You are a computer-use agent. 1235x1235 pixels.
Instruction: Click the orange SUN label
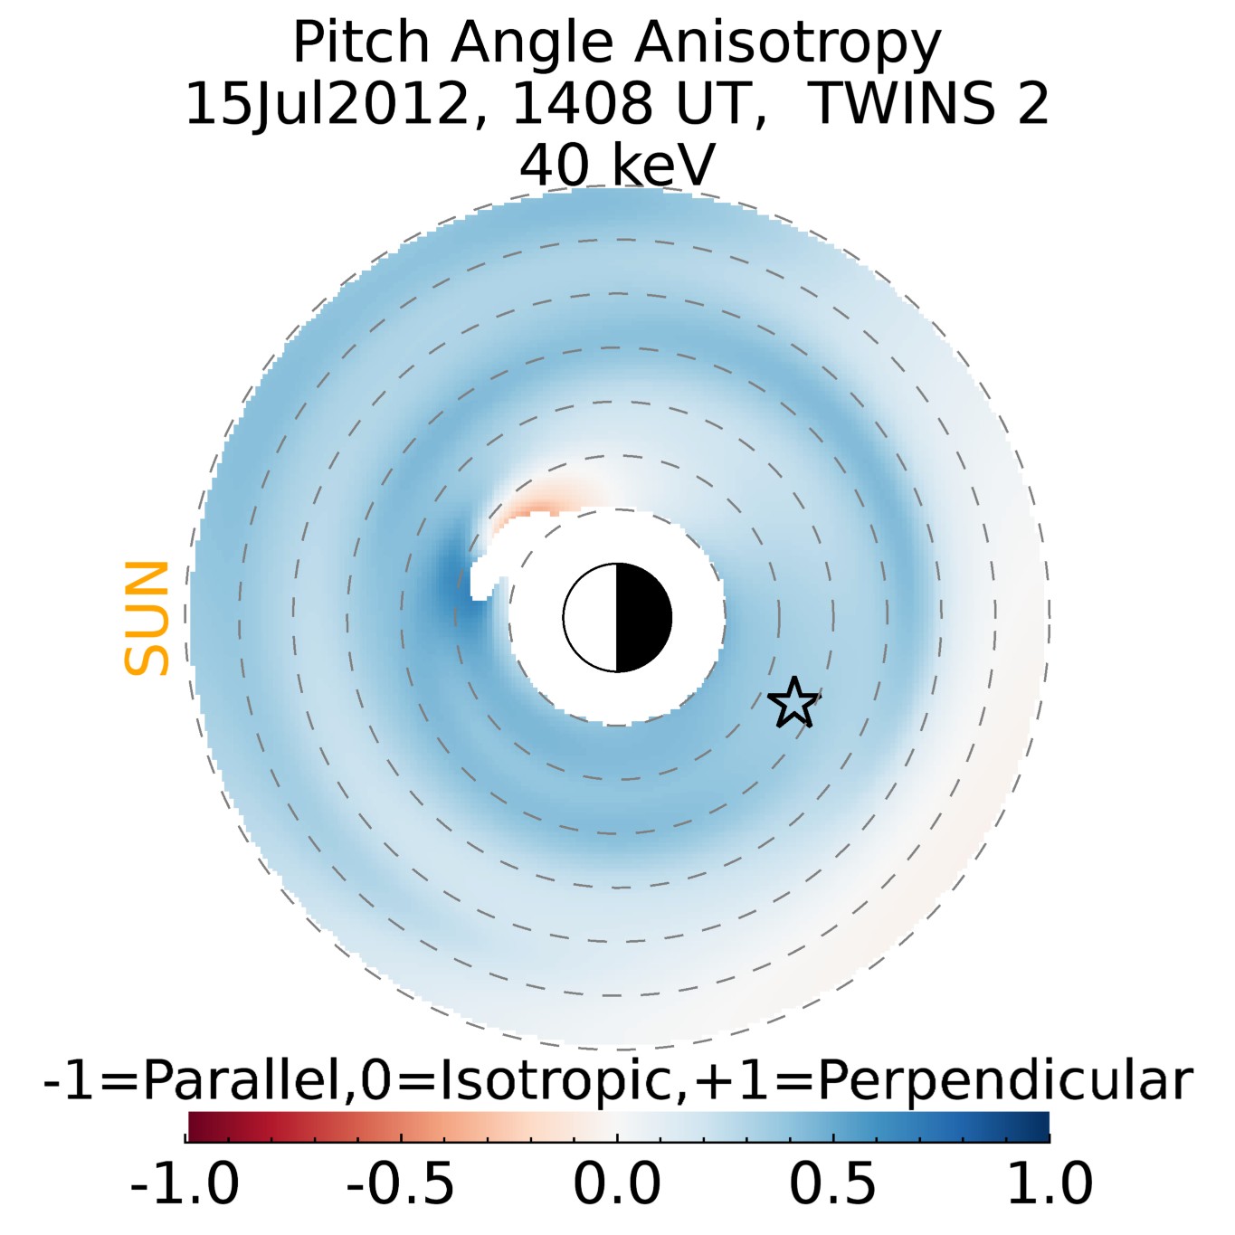(x=147, y=618)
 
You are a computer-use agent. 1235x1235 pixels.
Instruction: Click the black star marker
(x=793, y=703)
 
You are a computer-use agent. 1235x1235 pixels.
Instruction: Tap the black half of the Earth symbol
(x=643, y=618)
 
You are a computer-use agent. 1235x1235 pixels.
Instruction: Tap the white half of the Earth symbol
(x=591, y=618)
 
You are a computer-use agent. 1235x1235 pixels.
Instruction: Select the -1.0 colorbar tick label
(x=185, y=1183)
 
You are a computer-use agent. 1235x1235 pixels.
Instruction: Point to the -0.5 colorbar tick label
(x=401, y=1183)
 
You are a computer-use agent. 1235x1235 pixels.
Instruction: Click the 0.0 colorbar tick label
(x=617, y=1183)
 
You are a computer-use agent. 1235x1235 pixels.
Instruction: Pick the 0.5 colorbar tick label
(x=832, y=1183)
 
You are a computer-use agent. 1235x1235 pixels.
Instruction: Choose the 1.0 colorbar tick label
(x=1050, y=1183)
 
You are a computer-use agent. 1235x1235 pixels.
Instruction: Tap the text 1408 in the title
(x=581, y=104)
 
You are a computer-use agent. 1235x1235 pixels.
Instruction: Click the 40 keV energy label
(x=617, y=165)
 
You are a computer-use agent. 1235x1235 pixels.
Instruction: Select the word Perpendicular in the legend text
(x=1004, y=1079)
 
